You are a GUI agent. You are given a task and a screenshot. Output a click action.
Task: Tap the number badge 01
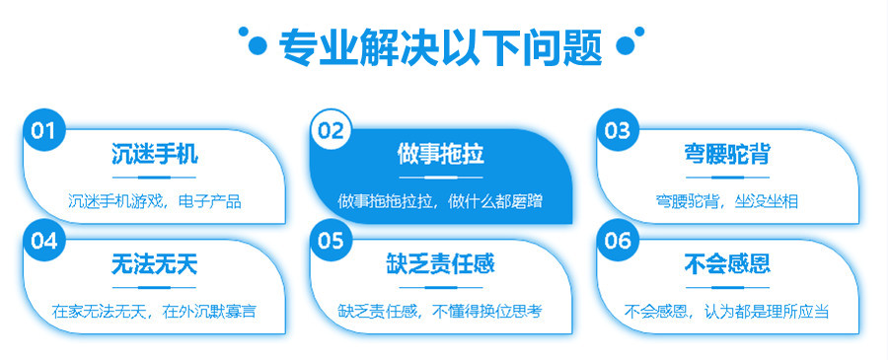coord(41,129)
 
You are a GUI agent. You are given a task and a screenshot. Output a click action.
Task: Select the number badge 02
coord(331,129)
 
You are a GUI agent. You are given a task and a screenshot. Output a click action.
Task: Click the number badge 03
coord(617,129)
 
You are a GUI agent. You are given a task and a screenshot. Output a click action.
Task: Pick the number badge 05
coord(331,240)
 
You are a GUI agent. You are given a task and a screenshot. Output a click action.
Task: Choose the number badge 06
coord(617,240)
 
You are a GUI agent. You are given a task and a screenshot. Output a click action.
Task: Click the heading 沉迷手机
coord(155,155)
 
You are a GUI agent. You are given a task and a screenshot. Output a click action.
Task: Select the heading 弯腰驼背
coord(727,155)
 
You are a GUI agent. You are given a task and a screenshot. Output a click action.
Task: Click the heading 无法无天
coord(155,264)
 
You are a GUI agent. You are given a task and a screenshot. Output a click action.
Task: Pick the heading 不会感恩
coord(727,264)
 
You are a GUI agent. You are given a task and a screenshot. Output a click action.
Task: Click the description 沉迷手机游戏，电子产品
coord(155,201)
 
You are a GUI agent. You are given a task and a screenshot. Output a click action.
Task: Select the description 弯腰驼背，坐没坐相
coord(727,201)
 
